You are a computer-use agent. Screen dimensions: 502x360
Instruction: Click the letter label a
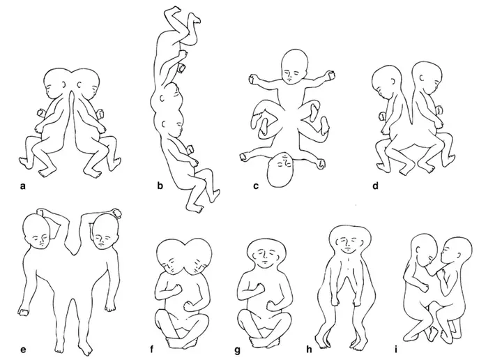pos(22,186)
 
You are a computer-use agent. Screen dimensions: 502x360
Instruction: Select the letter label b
pos(160,185)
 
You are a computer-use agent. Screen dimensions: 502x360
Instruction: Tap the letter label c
pos(256,186)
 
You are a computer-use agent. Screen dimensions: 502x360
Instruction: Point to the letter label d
pos(376,185)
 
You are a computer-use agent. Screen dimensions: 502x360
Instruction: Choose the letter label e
pos(23,350)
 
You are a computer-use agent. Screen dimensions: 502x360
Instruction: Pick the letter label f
pos(152,349)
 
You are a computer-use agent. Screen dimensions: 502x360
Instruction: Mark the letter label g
pos(237,350)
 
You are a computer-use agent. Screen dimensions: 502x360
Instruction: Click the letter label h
pos(309,349)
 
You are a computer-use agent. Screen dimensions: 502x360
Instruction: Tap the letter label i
pos(396,349)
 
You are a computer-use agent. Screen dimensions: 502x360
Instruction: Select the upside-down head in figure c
pos(281,170)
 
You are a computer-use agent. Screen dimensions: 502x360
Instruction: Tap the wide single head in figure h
pos(350,240)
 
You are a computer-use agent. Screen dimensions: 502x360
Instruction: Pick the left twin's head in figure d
pos(387,82)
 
